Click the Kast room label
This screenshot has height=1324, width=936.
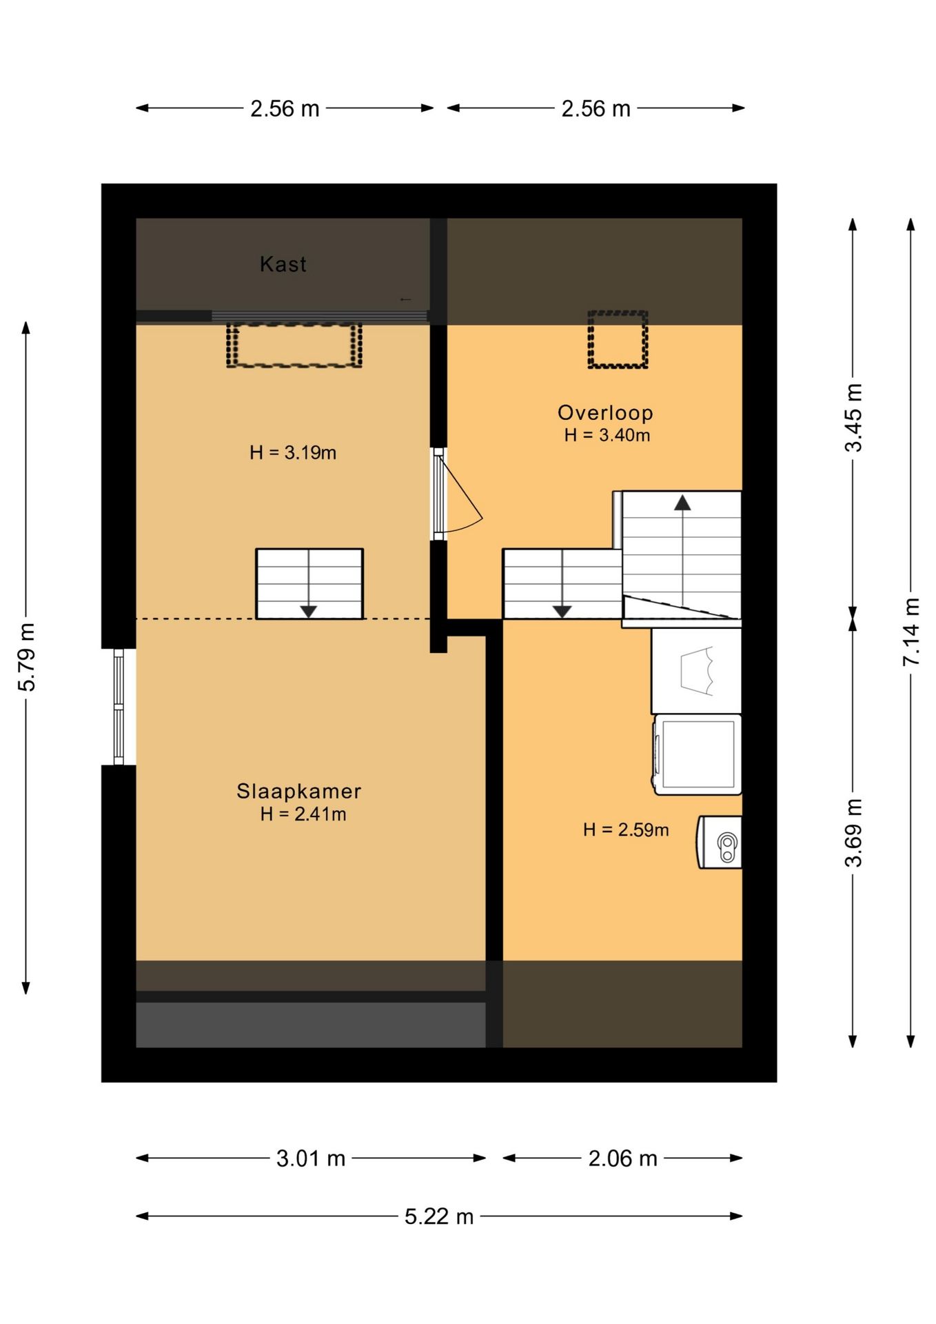(x=283, y=264)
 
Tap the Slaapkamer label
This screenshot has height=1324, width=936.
(x=298, y=791)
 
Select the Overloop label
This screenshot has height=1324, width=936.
(x=605, y=412)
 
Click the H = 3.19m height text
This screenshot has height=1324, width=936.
(x=293, y=453)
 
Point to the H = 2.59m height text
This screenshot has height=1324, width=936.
(x=626, y=830)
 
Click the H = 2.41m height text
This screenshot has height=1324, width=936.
(x=303, y=814)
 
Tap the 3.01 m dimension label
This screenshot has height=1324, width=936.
(x=311, y=1158)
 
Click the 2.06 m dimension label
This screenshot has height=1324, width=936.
(x=622, y=1158)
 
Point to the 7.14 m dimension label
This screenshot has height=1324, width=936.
(x=911, y=632)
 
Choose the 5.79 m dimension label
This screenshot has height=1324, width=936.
(x=26, y=657)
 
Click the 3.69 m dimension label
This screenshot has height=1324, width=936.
(x=853, y=832)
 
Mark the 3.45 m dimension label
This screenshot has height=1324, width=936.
(x=853, y=417)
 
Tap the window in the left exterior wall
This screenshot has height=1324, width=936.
(x=119, y=707)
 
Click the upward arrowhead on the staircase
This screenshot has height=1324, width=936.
(x=682, y=502)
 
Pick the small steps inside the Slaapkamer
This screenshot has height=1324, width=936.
(x=309, y=584)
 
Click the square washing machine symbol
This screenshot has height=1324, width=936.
(x=698, y=755)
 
